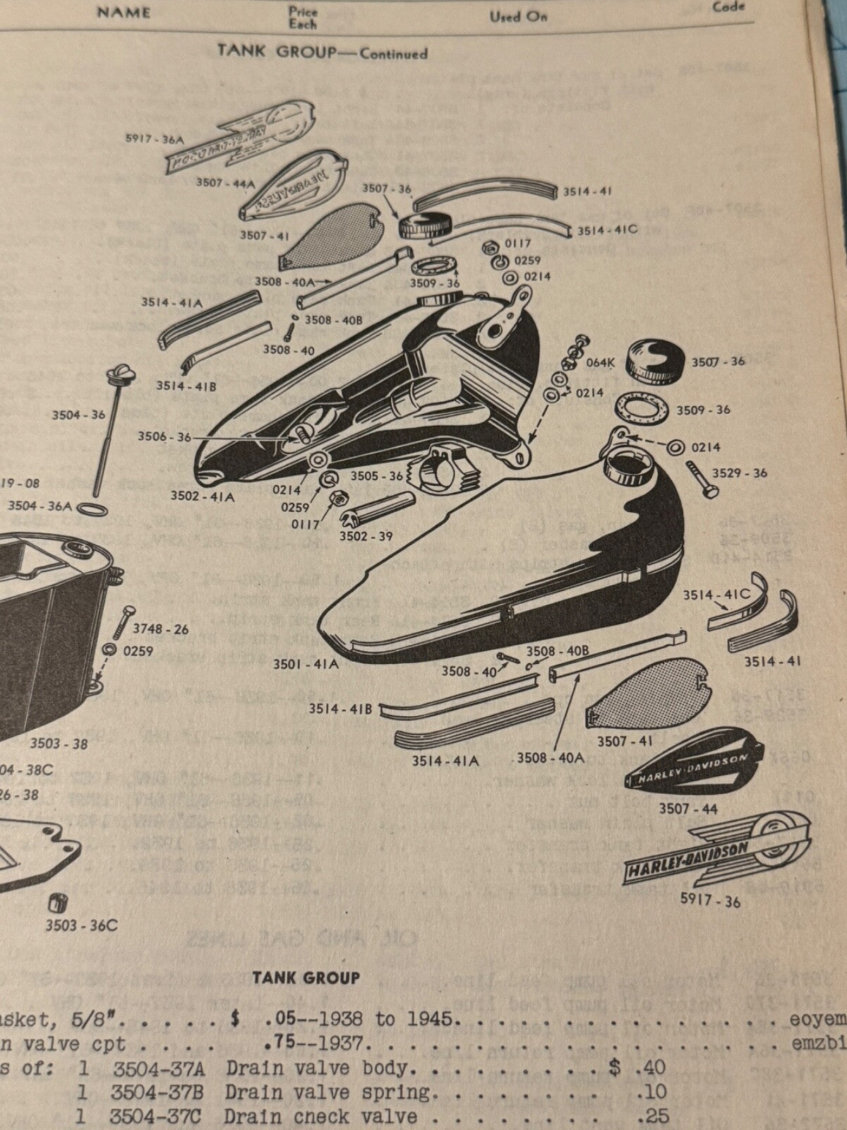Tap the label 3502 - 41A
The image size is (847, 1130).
click(202, 496)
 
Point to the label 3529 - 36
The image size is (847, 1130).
click(739, 473)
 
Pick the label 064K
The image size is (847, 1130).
click(601, 363)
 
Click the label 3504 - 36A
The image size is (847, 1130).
click(40, 506)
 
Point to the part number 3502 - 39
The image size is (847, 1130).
click(365, 536)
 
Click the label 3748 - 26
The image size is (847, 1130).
click(160, 629)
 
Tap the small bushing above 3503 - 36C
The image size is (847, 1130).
click(54, 903)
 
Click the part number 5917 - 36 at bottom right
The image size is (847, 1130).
click(709, 901)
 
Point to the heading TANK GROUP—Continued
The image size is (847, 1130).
click(322, 52)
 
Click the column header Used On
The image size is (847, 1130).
click(518, 16)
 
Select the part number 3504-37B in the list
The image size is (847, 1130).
click(157, 1093)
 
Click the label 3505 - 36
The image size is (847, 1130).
click(377, 476)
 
